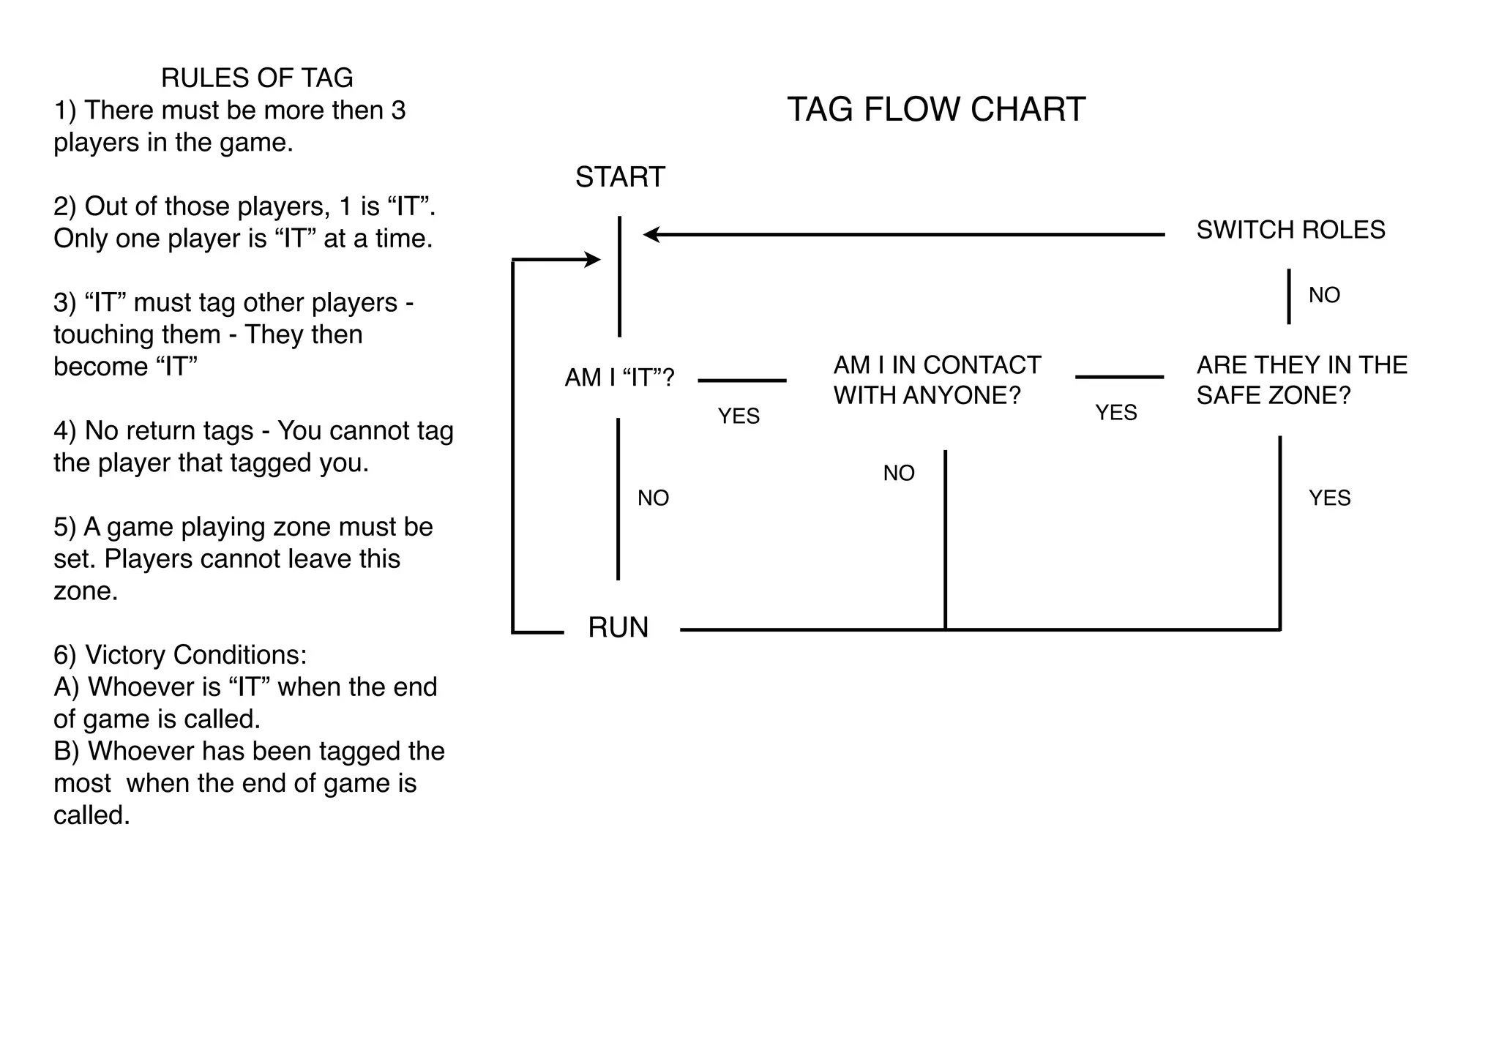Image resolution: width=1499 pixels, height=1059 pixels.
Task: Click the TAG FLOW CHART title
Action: coord(935,110)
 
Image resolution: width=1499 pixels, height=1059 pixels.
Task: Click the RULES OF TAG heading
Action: coord(257,78)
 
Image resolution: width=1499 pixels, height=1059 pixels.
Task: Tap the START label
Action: coord(620,177)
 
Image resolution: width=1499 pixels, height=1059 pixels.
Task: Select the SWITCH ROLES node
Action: coord(1290,230)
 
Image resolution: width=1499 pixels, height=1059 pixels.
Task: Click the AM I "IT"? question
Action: coord(619,378)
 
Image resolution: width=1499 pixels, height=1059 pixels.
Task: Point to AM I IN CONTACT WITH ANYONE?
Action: coord(936,380)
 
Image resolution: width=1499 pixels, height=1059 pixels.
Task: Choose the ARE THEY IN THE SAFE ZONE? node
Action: coord(1301,380)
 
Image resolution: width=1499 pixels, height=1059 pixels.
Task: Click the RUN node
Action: coord(618,628)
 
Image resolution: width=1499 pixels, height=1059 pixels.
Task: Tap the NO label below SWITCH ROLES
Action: coord(1324,295)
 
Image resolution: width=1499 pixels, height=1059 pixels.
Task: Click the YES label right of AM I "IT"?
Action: coord(739,416)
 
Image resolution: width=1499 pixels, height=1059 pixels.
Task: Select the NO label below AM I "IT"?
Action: coord(653,498)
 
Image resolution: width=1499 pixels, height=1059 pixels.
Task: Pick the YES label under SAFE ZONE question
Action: coord(1329,498)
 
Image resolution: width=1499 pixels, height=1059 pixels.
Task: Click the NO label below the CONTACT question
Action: coord(899,473)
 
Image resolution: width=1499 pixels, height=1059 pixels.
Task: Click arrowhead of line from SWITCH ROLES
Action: coord(651,234)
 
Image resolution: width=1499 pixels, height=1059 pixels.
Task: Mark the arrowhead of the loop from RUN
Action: coord(593,259)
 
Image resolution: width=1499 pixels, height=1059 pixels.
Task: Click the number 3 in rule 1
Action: coord(398,111)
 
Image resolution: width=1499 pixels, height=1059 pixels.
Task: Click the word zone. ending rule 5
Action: coord(86,591)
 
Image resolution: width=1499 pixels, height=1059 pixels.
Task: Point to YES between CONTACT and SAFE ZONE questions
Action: coord(1115,413)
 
